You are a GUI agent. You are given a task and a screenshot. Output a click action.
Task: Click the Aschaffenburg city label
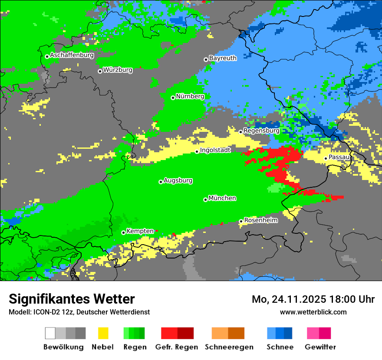[72, 56]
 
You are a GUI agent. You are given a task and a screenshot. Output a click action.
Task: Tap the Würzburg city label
[118, 70]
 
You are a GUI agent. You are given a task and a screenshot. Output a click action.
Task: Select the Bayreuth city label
[223, 58]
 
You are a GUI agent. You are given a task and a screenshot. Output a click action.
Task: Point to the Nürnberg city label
[190, 96]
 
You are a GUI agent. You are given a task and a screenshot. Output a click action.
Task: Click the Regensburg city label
[261, 131]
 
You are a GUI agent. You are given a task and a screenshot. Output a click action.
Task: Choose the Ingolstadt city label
[215, 150]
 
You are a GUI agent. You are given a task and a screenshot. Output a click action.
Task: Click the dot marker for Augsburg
[161, 182]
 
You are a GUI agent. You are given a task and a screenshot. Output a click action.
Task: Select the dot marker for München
[205, 200]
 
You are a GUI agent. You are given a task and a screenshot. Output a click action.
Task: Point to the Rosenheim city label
[261, 220]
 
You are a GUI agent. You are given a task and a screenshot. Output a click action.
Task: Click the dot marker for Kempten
[123, 232]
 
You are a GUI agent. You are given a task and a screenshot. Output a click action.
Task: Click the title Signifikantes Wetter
[72, 299]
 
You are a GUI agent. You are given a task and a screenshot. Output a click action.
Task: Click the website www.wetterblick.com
[313, 312]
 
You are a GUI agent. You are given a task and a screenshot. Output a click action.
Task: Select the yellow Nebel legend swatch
[103, 333]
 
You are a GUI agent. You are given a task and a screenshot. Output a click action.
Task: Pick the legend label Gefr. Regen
[177, 347]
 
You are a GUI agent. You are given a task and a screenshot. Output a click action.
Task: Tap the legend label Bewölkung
[63, 347]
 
